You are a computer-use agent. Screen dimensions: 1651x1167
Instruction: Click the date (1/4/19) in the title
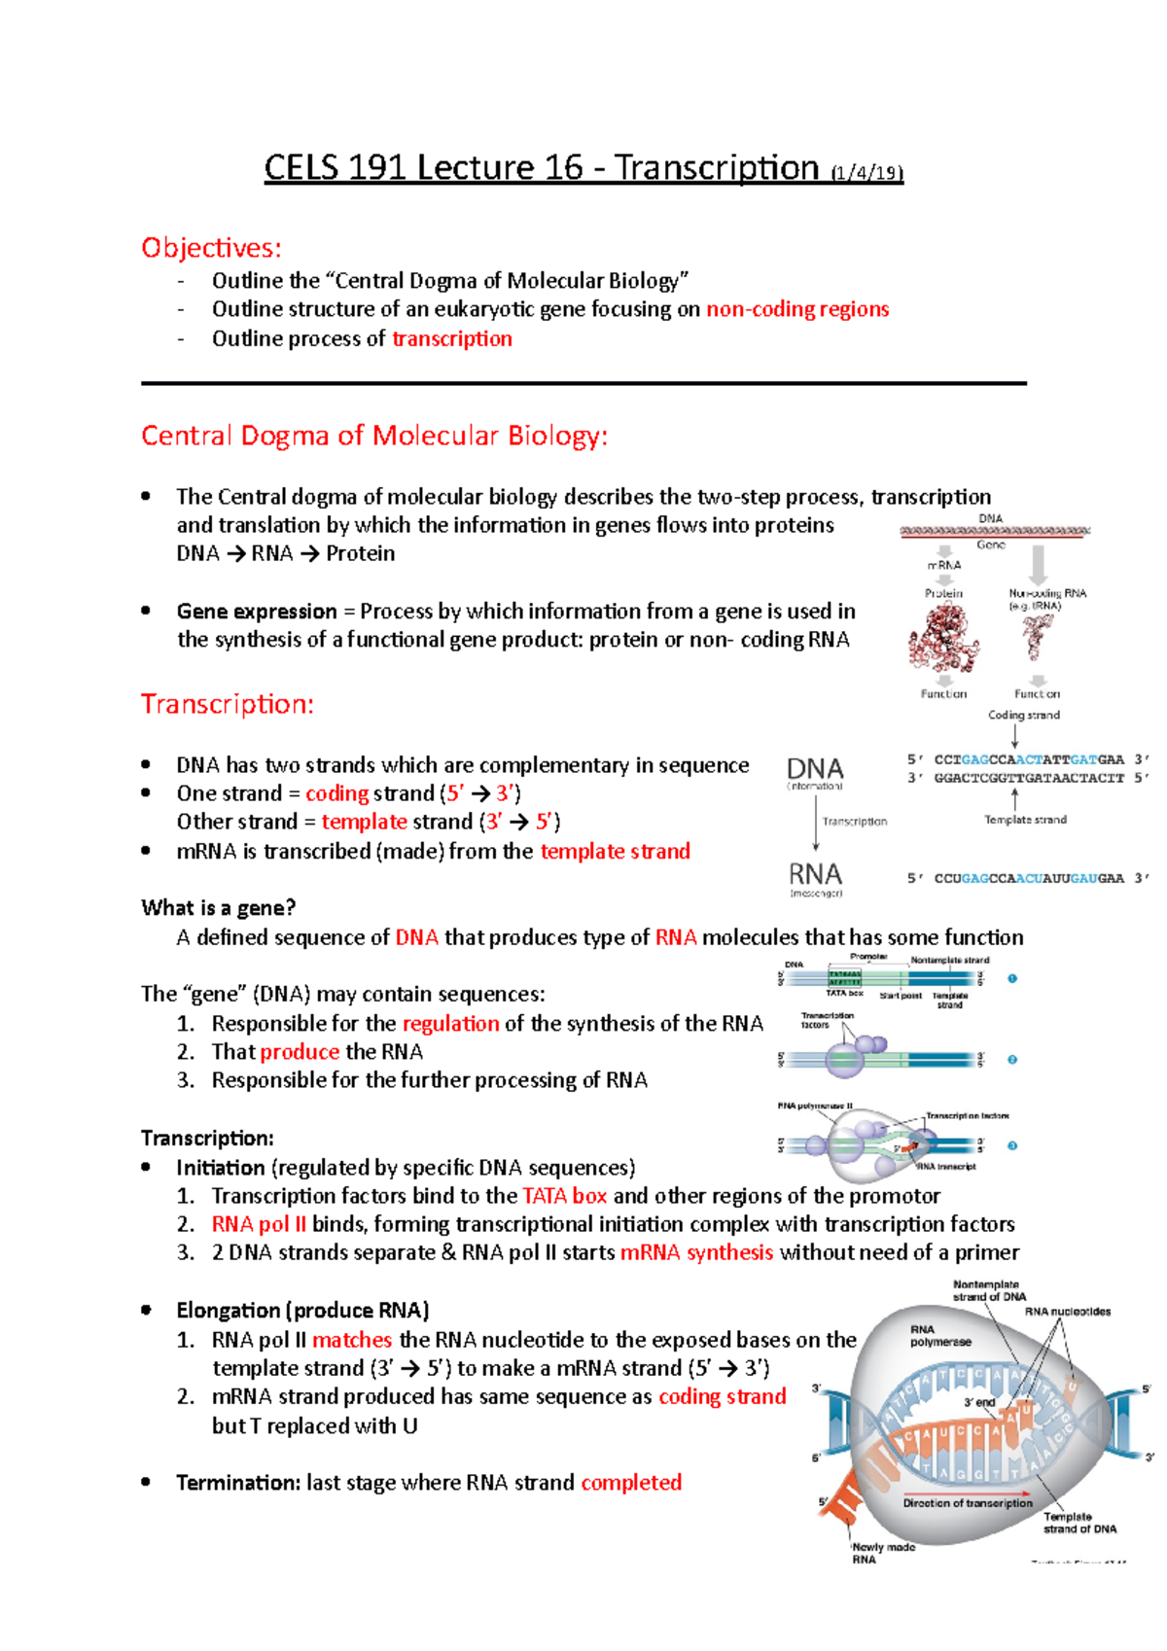point(866,173)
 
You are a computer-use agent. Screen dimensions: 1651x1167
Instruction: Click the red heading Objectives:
point(211,248)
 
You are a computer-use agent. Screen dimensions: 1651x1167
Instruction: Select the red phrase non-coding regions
point(797,309)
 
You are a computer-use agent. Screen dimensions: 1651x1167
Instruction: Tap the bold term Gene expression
point(257,612)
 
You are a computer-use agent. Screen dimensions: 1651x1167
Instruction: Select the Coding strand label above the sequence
point(1024,715)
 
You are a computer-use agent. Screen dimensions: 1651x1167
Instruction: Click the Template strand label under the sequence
point(1025,820)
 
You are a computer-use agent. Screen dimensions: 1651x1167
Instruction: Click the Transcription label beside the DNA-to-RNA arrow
point(855,822)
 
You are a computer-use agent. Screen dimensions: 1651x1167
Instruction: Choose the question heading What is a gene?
point(218,908)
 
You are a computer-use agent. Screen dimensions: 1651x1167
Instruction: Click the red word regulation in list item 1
point(450,1024)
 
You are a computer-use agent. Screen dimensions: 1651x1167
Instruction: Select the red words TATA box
point(564,1196)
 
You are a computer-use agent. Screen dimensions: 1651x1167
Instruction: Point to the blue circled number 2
point(1012,1060)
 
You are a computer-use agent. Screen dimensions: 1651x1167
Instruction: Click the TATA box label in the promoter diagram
point(844,994)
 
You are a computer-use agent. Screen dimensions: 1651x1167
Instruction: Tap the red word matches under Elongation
point(352,1340)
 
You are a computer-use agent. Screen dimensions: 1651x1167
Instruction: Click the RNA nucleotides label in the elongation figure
point(1067,1312)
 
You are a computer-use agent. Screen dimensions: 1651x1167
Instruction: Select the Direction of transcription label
point(968,1503)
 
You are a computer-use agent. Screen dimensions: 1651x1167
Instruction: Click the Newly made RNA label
point(883,1553)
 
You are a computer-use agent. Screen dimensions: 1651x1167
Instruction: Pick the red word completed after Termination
point(631,1483)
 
